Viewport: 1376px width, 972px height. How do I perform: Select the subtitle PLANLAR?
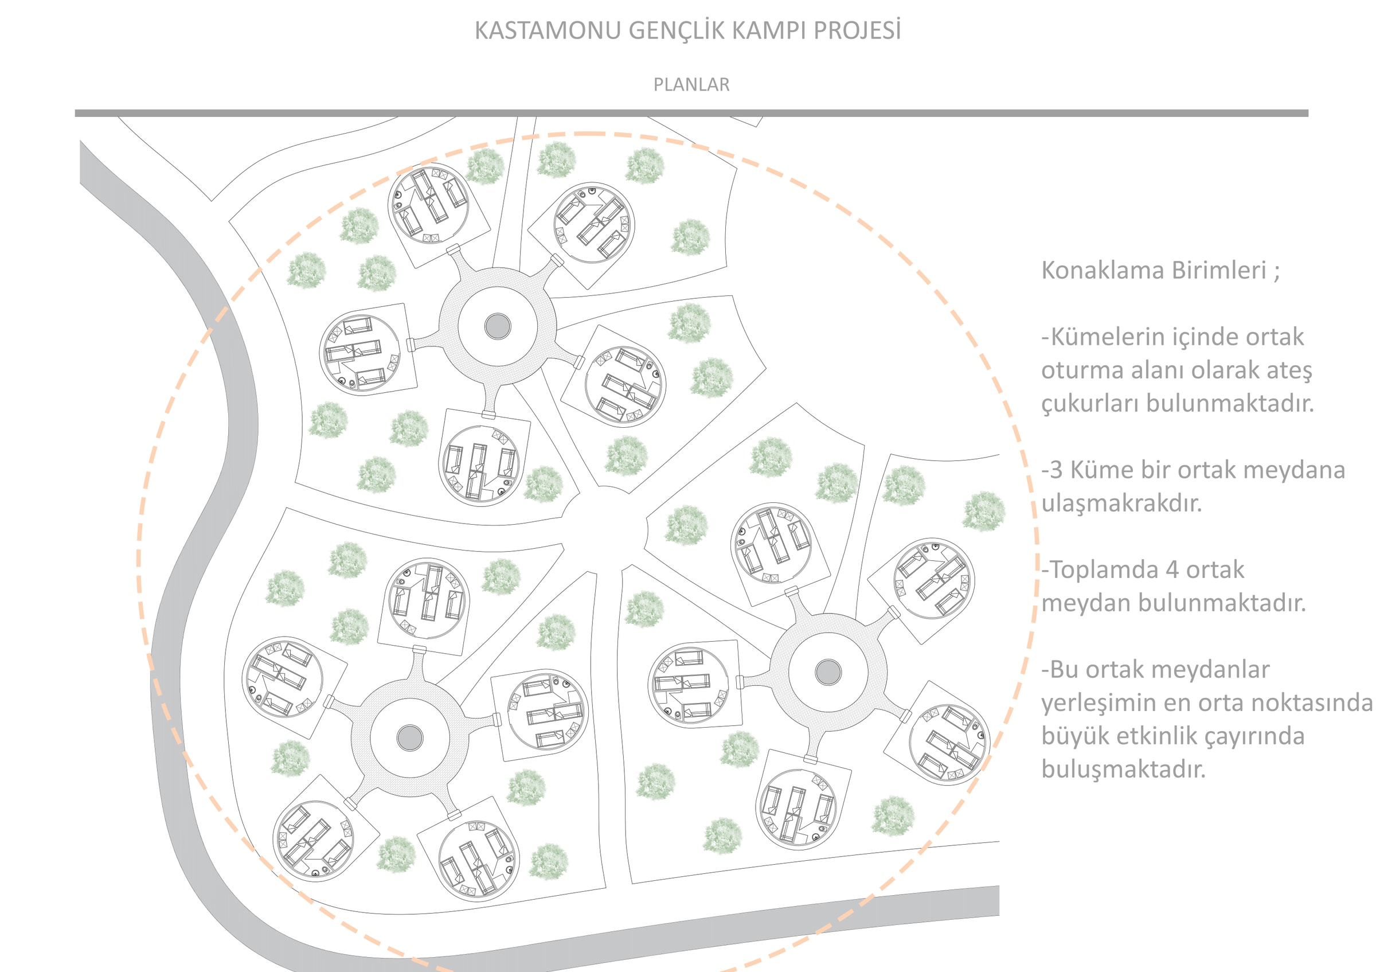pyautogui.click(x=691, y=84)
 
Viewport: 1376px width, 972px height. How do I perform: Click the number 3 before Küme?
pyautogui.click(x=1056, y=470)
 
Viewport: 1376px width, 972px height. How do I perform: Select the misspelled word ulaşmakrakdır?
pyautogui.click(x=1121, y=503)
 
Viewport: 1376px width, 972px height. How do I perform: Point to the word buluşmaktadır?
pyautogui.click(x=1123, y=769)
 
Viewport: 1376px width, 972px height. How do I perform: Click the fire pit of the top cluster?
pyautogui.click(x=498, y=327)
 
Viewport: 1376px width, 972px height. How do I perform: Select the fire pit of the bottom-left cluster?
pyautogui.click(x=410, y=737)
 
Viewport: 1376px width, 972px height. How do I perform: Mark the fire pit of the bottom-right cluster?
pyautogui.click(x=828, y=672)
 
